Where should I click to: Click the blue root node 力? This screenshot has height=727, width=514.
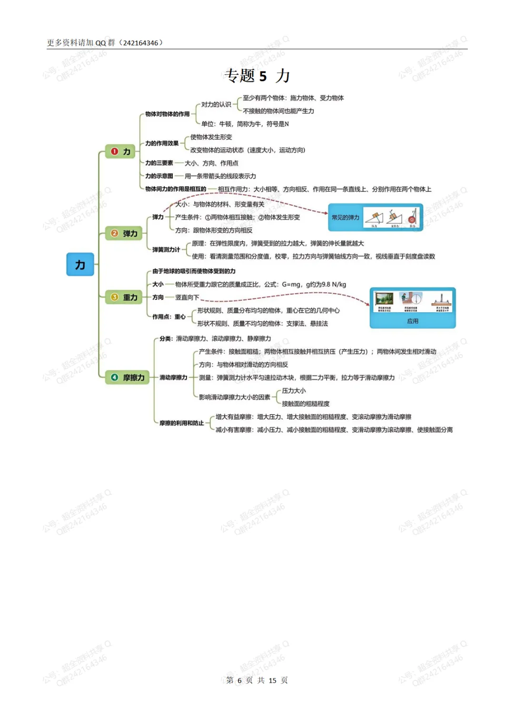tap(80, 264)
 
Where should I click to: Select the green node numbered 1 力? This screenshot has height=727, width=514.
tap(120, 151)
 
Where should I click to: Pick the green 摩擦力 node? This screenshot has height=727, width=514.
tap(127, 377)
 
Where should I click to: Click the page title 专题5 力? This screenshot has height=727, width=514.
tap(257, 76)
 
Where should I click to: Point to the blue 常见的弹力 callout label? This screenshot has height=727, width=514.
tap(346, 218)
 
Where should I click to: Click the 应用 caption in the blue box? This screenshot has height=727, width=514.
tap(413, 321)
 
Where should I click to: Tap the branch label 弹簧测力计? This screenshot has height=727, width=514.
tap(166, 249)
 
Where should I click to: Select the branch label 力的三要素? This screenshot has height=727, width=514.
tap(159, 163)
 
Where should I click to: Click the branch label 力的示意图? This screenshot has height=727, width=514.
tap(159, 176)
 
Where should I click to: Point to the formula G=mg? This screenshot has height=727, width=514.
tap(291, 284)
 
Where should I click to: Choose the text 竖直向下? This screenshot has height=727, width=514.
tap(187, 297)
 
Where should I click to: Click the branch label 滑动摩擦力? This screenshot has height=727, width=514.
tap(173, 378)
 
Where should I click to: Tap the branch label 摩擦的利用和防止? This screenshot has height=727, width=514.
tap(181, 423)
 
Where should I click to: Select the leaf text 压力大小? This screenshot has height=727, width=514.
tap(294, 390)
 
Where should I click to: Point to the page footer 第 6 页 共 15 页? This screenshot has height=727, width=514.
tap(257, 680)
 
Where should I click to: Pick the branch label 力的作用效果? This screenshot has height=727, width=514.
tap(162, 143)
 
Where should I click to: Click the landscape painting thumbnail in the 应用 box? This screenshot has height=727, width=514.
tap(384, 299)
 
